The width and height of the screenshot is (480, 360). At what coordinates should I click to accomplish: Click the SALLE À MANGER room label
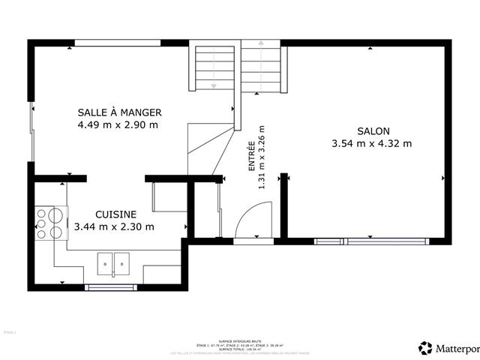pyautogui.click(x=119, y=112)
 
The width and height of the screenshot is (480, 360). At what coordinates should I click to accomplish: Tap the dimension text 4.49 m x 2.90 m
pyautogui.click(x=119, y=125)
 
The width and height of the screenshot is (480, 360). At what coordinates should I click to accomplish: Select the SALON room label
pyautogui.click(x=373, y=130)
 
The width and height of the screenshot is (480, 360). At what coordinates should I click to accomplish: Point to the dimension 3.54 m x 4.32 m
pyautogui.click(x=373, y=143)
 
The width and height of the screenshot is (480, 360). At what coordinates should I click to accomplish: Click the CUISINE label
pyautogui.click(x=115, y=214)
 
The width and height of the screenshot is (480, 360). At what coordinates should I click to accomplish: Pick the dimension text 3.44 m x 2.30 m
pyautogui.click(x=115, y=226)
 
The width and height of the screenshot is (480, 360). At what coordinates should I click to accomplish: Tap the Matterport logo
pyautogui.click(x=448, y=348)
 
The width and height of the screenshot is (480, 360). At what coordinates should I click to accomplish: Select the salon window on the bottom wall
pyautogui.click(x=370, y=241)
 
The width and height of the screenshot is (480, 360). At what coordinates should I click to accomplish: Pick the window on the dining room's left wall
pyautogui.click(x=31, y=132)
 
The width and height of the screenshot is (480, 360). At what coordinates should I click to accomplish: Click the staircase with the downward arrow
pyautogui.click(x=213, y=68)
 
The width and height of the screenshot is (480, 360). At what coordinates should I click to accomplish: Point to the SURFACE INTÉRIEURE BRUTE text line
pyautogui.click(x=240, y=319)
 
